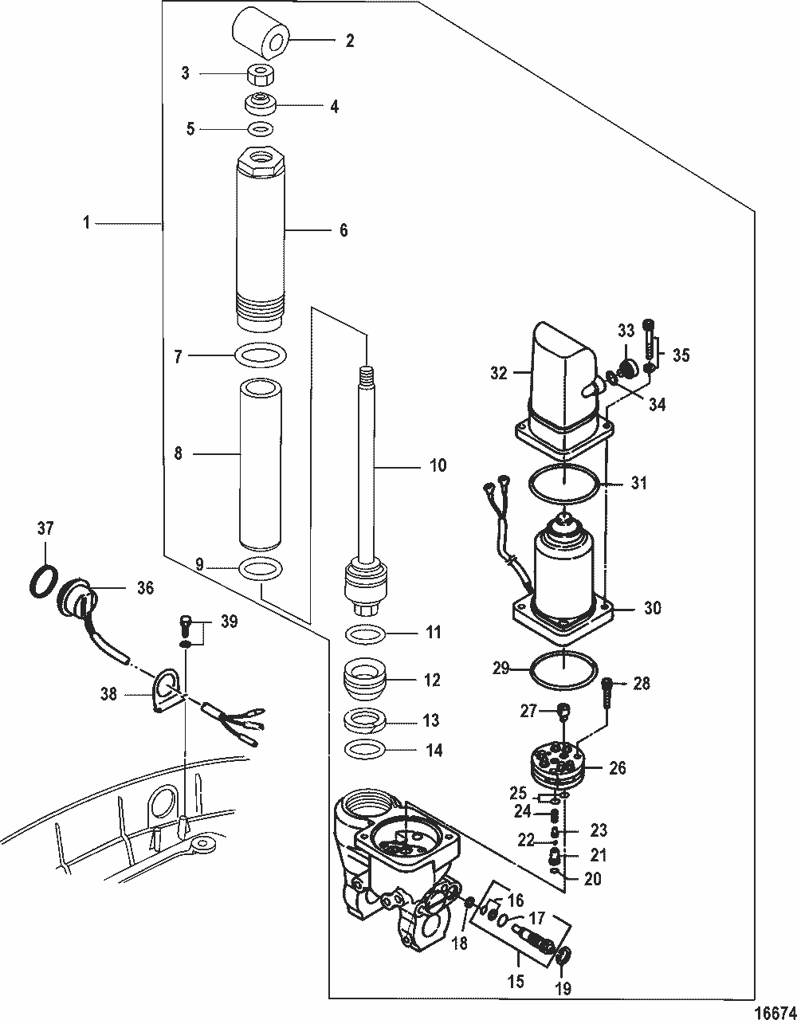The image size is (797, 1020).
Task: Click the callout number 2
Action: pyautogui.click(x=350, y=41)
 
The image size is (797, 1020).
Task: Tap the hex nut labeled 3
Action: pyautogui.click(x=260, y=76)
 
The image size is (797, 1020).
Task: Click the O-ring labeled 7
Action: pyautogui.click(x=261, y=353)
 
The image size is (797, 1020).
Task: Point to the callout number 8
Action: pyautogui.click(x=178, y=453)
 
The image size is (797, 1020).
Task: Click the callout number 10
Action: pyautogui.click(x=438, y=465)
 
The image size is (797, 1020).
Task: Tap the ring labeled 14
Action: pyautogui.click(x=367, y=750)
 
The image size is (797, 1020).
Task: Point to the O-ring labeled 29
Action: pyautogui.click(x=563, y=669)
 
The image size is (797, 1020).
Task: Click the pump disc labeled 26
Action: pyautogui.click(x=557, y=765)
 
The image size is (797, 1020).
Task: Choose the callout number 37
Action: pyautogui.click(x=45, y=528)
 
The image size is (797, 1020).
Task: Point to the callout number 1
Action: pyautogui.click(x=87, y=223)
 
